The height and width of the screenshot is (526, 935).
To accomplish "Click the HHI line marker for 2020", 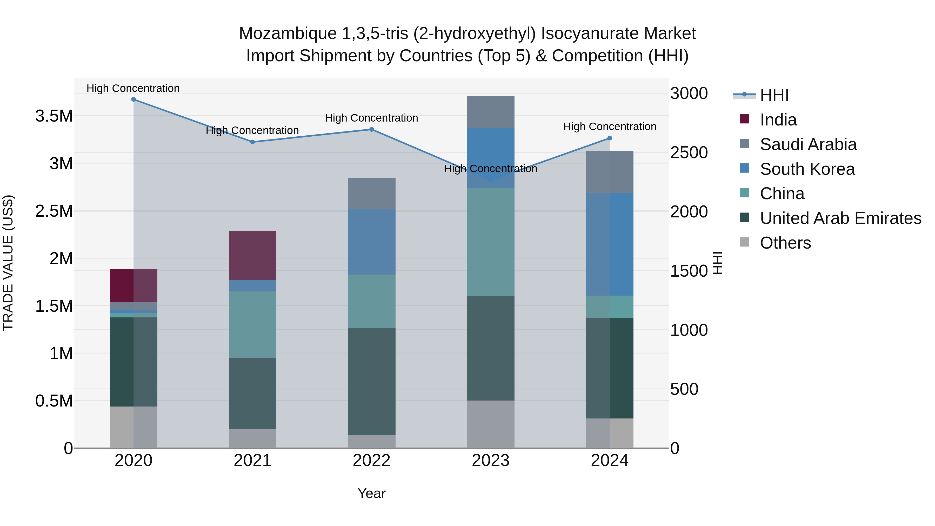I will (x=133, y=99).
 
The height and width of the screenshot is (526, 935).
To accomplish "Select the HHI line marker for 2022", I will (x=372, y=130).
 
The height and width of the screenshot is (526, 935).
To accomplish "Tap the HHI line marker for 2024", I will (x=610, y=138).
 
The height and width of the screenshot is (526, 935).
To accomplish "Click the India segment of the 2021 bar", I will (x=253, y=255).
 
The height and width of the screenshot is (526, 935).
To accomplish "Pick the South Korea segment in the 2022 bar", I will (x=372, y=242).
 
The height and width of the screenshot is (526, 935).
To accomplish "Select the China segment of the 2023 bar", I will (x=491, y=242).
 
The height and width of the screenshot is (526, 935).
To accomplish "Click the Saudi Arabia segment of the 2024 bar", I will (x=610, y=172).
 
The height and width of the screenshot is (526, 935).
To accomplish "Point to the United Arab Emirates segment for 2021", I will (x=253, y=393).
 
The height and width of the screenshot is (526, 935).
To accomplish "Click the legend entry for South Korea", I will (x=807, y=169).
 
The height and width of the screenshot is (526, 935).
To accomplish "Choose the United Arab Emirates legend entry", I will (x=841, y=218).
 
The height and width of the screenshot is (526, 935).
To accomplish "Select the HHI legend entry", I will (x=774, y=95).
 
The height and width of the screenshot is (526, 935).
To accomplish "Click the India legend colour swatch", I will (x=744, y=119).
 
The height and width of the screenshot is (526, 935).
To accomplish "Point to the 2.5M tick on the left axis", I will (x=54, y=211).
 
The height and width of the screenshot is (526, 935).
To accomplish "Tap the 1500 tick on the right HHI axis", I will (x=689, y=271).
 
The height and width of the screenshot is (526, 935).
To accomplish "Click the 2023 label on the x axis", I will (x=491, y=461).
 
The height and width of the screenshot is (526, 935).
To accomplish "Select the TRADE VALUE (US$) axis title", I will (x=8, y=263).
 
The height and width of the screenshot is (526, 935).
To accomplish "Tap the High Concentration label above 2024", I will (x=610, y=127).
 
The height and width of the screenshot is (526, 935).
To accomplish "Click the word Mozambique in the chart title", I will (x=288, y=34).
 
